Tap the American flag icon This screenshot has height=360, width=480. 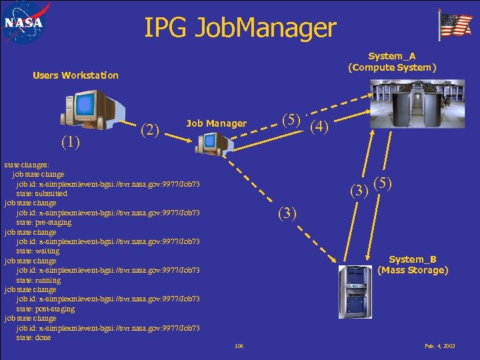pos(455,25)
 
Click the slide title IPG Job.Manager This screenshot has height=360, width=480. pos(240,28)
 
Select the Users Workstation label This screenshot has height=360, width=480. pos(75,75)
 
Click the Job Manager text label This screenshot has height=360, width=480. pos(216,123)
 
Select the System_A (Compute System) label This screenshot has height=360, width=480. pos(392,62)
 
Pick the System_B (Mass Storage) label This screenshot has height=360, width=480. pos(413,265)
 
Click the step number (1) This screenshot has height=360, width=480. pos(71,141)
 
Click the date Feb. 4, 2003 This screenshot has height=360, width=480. pos(440,346)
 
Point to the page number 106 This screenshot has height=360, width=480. pos(239,346)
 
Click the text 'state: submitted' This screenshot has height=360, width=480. pos(42,193)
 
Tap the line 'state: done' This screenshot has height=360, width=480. pos(33,337)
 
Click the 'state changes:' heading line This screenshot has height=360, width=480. pos(26,164)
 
